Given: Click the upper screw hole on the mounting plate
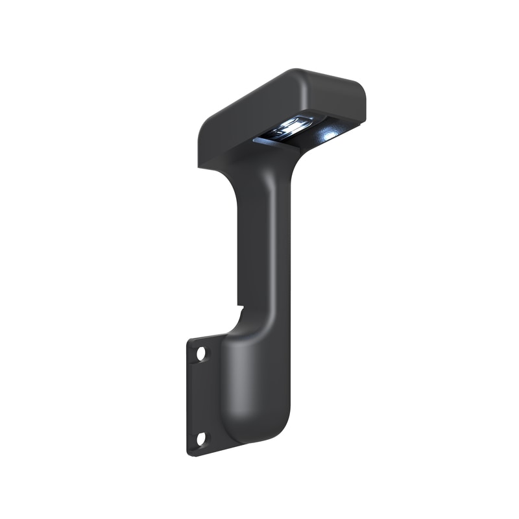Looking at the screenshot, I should tap(201, 354).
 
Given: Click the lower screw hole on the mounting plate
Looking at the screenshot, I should tap(201, 439).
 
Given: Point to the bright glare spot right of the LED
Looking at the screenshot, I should tap(329, 135).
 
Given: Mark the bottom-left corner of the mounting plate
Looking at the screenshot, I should tap(190, 452).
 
